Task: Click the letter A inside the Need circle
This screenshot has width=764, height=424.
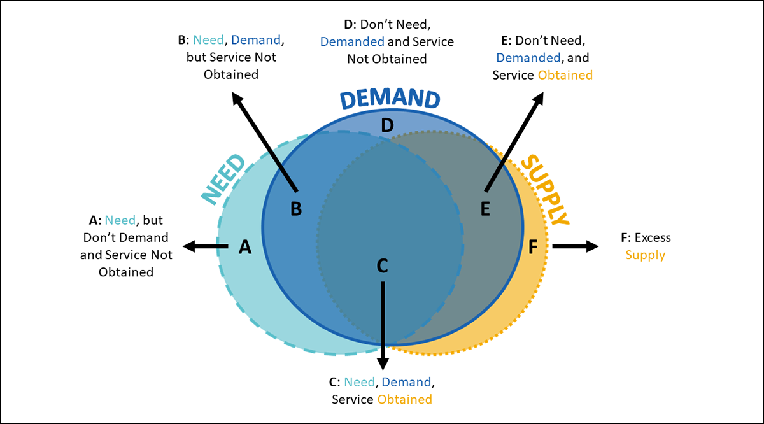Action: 245,246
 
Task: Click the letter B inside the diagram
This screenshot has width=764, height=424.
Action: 295,208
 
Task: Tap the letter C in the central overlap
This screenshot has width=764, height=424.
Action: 382,265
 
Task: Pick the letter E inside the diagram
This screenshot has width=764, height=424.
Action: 485,208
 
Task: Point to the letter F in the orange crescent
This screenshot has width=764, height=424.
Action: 534,246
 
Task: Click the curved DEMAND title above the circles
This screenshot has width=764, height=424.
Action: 389,99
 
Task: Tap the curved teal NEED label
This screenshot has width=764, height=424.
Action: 223,179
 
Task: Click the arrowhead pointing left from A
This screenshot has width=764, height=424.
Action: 187,246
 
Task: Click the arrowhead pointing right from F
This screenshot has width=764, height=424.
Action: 593,246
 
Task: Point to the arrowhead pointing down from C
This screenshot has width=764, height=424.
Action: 382,365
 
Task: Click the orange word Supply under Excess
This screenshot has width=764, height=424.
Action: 645,255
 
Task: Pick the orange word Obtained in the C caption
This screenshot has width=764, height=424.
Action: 404,400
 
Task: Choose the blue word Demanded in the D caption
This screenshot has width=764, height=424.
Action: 352,42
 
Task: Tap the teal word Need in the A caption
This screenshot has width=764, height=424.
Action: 120,220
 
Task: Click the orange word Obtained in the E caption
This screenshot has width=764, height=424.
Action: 565,75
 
